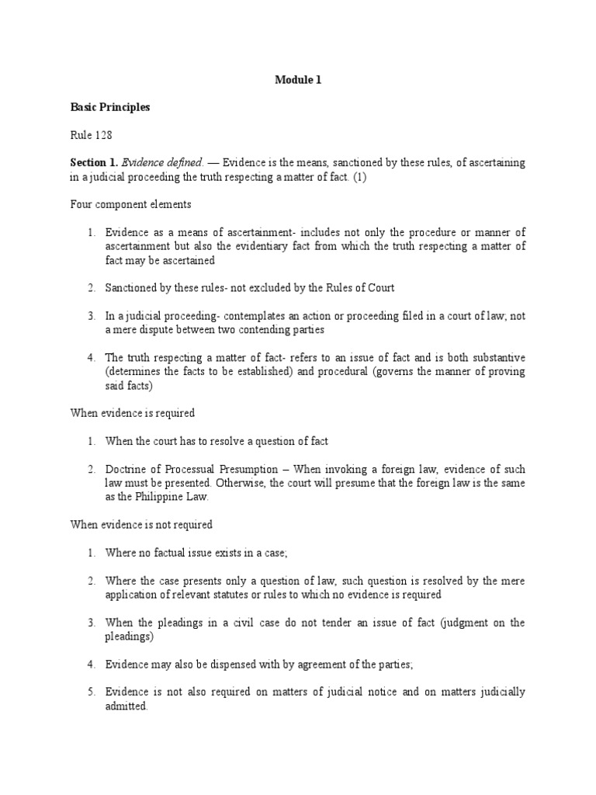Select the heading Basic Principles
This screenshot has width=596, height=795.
110,107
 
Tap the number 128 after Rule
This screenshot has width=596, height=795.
103,135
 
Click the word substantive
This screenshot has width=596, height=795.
495,357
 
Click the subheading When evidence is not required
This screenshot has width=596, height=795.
141,525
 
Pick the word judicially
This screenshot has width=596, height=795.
498,692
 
